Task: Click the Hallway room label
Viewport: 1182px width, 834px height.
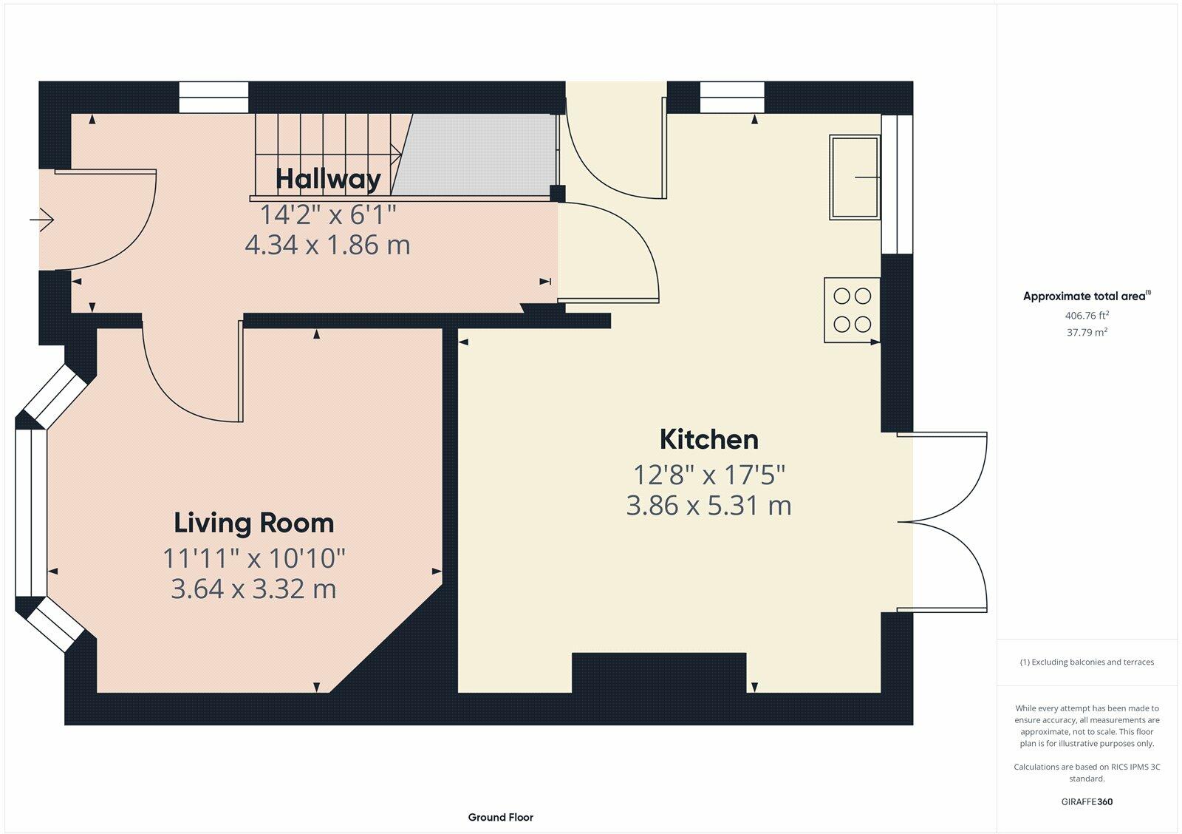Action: (x=328, y=179)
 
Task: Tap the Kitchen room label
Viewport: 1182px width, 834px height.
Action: (x=709, y=439)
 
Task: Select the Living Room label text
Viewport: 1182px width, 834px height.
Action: (x=254, y=523)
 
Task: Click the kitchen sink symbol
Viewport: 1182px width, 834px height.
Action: (x=855, y=177)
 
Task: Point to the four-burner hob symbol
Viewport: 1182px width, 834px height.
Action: (x=853, y=310)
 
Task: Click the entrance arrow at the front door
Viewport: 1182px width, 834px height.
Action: (x=41, y=219)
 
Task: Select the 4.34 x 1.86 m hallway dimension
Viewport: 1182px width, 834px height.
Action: (x=328, y=245)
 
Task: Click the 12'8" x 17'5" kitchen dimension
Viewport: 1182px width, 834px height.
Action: (x=709, y=475)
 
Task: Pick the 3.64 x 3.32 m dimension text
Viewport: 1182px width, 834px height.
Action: (x=254, y=589)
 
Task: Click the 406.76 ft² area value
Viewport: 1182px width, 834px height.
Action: (x=1087, y=315)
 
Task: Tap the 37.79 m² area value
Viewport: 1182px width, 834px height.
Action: (x=1087, y=332)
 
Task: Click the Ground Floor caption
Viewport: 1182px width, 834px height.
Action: (x=501, y=817)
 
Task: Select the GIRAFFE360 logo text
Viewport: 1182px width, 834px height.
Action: (x=1087, y=801)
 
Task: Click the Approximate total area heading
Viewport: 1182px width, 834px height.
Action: (x=1087, y=296)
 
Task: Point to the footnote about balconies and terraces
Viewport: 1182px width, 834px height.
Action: (x=1087, y=662)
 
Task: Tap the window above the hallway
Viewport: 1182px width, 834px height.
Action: (x=213, y=97)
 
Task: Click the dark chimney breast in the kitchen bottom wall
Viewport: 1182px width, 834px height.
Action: (x=659, y=672)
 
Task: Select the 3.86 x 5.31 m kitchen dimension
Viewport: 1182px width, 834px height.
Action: (x=709, y=506)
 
